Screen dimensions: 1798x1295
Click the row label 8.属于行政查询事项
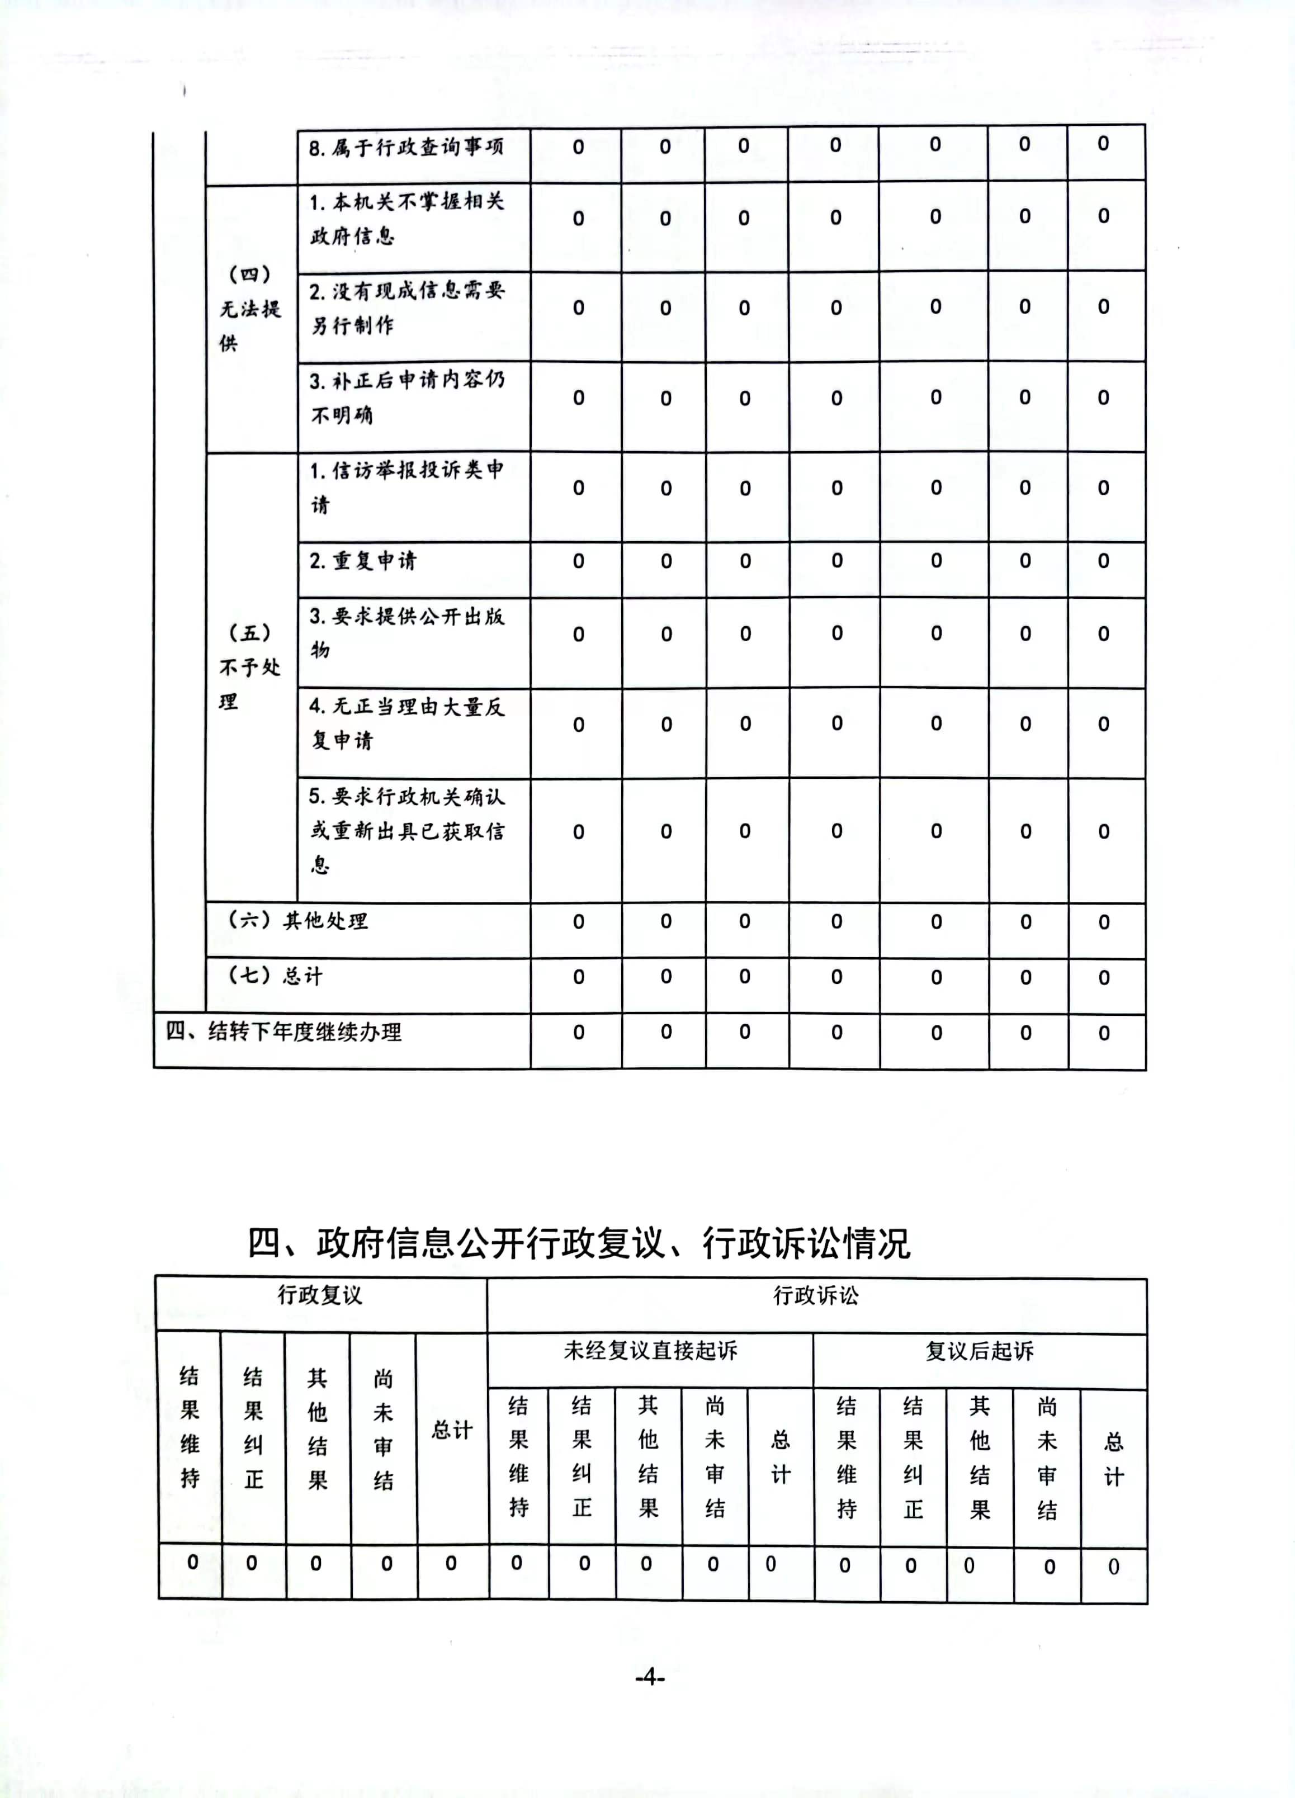click(406, 148)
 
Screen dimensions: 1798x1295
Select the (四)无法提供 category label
click(250, 309)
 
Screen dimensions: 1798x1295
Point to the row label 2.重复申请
click(362, 561)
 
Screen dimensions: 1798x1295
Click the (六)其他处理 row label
click(297, 920)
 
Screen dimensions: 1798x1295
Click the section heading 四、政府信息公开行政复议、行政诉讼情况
click(579, 1242)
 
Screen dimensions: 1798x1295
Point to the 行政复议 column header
click(320, 1295)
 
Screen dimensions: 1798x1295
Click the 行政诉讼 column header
click(815, 1295)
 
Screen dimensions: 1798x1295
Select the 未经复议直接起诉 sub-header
click(650, 1350)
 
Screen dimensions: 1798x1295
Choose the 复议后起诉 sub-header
click(980, 1351)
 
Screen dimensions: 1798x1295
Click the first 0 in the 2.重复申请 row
click(578, 561)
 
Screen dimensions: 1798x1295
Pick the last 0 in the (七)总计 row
click(1104, 977)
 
